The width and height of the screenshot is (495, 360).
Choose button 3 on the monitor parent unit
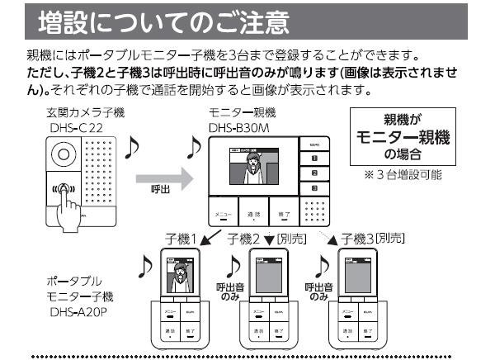point(314,189)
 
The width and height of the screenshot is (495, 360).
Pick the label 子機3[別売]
point(380,239)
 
